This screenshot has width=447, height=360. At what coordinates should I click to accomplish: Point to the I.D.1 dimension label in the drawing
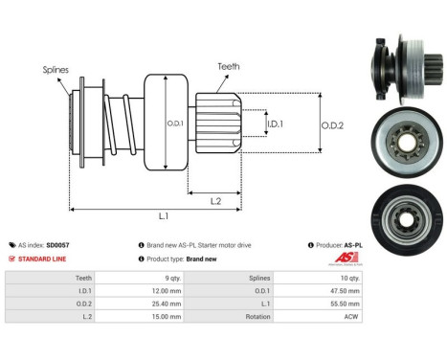coord(274,124)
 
